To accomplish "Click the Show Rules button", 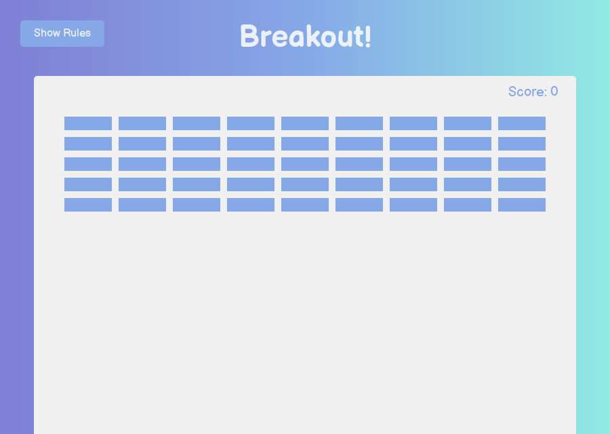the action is [x=62, y=33].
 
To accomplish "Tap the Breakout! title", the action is [x=306, y=36].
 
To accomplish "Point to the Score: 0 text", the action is [x=533, y=92].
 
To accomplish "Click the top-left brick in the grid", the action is [x=88, y=123].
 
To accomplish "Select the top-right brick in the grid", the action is [x=522, y=123].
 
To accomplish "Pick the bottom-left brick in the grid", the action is [x=88, y=205].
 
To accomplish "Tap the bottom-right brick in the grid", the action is [x=522, y=205].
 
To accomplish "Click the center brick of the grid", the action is [x=305, y=164].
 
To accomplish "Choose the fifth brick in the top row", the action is [x=305, y=123].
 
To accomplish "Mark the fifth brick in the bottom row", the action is [x=305, y=205].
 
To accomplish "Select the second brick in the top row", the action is [x=142, y=123].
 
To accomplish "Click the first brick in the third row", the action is [x=88, y=164].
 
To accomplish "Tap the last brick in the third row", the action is [x=522, y=164].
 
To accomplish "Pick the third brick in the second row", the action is [x=197, y=144].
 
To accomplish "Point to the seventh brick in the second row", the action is [x=413, y=144].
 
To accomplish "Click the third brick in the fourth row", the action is [x=197, y=184].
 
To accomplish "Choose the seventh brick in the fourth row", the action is [x=413, y=184].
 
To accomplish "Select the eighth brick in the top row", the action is [x=468, y=123].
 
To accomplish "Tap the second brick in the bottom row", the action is [x=142, y=205].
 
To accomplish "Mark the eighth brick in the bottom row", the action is [x=468, y=205].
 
